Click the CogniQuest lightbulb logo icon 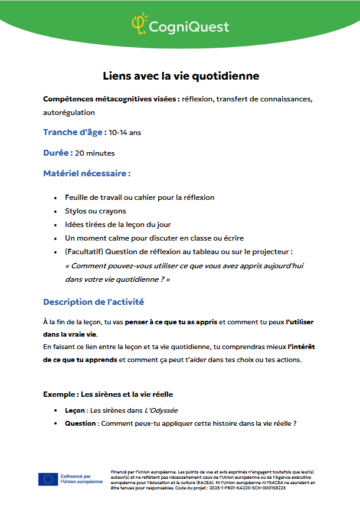click(139, 24)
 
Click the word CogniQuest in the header click(188, 27)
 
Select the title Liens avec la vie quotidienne click(181, 76)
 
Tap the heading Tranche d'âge click(74, 132)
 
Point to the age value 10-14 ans click(125, 133)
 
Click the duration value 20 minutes click(94, 153)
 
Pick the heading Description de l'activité click(93, 302)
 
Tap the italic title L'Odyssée click(161, 410)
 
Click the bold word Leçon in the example click(74, 410)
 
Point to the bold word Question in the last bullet click(80, 423)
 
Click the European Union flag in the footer click(47, 479)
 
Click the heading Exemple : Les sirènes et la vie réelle click(108, 394)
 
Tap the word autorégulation click(68, 112)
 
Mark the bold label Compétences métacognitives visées click(112, 98)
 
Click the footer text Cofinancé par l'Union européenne click(81, 479)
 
